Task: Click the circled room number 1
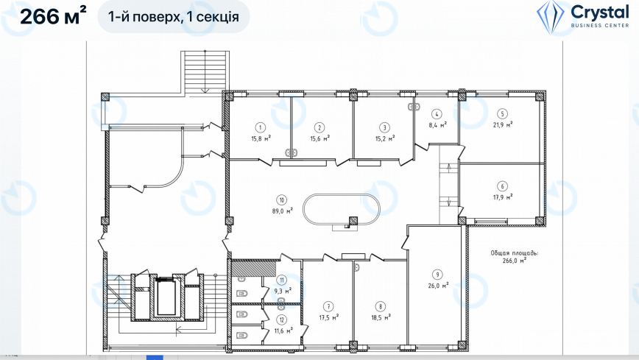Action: [261, 127]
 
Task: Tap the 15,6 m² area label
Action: [320, 138]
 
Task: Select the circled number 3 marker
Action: [384, 127]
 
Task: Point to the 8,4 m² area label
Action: [438, 124]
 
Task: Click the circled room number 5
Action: [503, 114]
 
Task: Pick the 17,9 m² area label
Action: [503, 197]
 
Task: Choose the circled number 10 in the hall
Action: [282, 200]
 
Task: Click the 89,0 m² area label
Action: [283, 211]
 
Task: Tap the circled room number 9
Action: [438, 275]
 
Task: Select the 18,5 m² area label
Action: [381, 317]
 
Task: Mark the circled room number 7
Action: [328, 306]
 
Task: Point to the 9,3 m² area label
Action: [283, 291]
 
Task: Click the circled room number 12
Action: [282, 320]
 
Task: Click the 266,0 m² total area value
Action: [515, 261]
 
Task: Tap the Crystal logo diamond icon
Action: [551, 18]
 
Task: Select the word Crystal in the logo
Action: [600, 13]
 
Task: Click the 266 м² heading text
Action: [53, 17]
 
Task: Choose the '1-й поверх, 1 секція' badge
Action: [174, 17]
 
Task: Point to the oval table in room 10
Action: [342, 195]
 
